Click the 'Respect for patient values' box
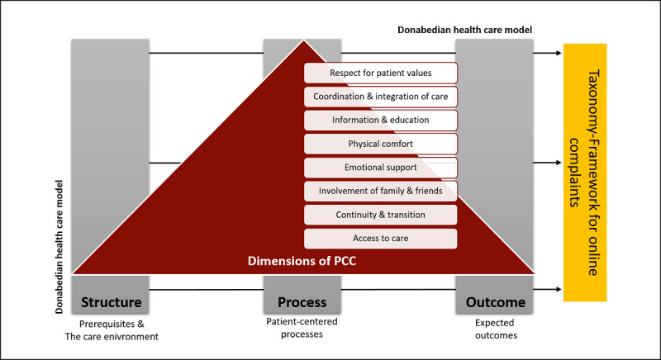pos(381,73)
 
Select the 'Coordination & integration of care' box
pos(381,97)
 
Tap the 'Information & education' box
pos(381,120)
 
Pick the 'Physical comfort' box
pos(381,144)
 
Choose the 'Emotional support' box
pos(381,168)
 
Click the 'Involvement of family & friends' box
pos(381,192)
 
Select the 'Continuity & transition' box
pos(381,215)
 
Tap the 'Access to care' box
pos(381,239)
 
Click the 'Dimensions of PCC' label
pos(302,261)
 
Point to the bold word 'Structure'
pos(112,302)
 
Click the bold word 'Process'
pos(302,302)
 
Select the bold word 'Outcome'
pos(495,302)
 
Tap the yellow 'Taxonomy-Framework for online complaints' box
pos(585,173)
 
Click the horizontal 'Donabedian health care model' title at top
pos(465,30)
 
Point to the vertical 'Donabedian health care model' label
pos(59,247)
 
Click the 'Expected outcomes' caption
pos(496,329)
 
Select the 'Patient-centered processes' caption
pos(302,328)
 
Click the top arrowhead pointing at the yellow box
pos(559,53)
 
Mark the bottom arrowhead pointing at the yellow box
pos(559,289)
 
